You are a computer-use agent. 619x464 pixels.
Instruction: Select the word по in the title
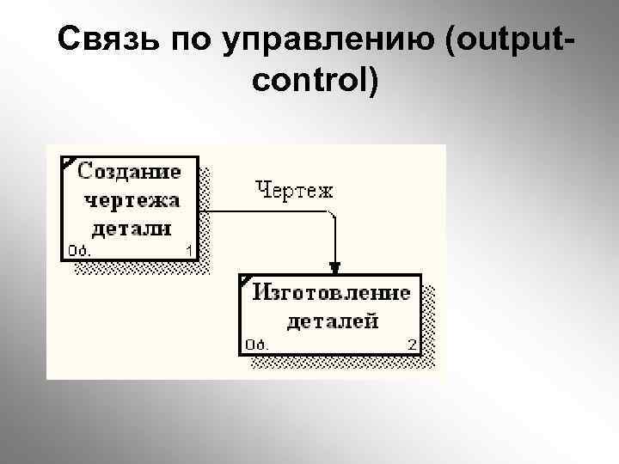point(193,40)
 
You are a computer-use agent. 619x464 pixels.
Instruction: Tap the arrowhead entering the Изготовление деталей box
point(335,267)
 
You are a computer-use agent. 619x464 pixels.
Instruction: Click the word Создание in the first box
point(130,171)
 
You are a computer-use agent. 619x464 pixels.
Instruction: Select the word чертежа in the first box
point(132,200)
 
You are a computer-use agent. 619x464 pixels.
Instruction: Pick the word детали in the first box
point(131,229)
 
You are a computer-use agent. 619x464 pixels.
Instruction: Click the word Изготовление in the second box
point(331,293)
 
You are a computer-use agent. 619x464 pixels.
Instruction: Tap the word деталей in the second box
point(331,321)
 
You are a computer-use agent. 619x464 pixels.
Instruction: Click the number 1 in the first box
point(189,251)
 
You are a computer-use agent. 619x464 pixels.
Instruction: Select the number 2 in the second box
point(412,345)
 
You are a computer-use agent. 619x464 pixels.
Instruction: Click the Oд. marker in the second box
point(256,345)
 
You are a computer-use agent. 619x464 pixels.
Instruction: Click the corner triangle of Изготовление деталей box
point(245,280)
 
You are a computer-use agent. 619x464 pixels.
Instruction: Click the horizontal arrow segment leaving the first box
point(258,211)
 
